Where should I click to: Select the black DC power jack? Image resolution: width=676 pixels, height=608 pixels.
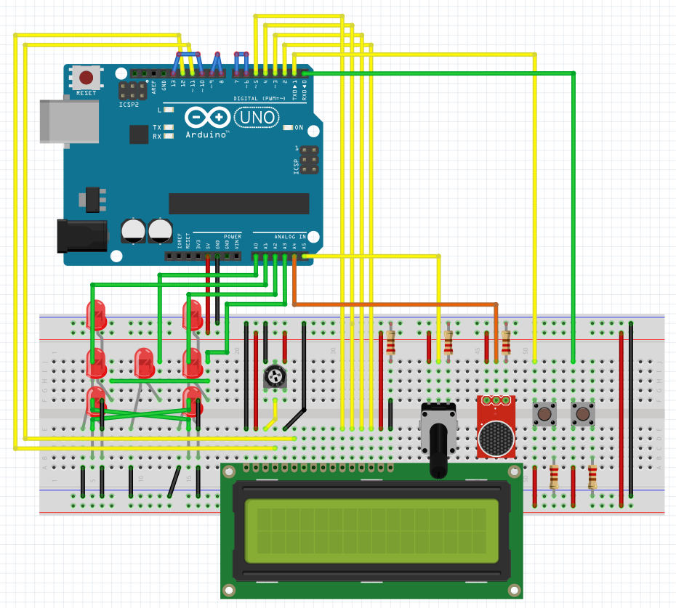pyautogui.click(x=81, y=236)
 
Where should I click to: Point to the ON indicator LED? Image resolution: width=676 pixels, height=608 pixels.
pyautogui.click(x=289, y=127)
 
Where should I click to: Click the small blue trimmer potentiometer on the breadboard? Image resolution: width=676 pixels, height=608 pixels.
pyautogui.click(x=274, y=376)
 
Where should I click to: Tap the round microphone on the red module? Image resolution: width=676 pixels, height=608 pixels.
pyautogui.click(x=496, y=437)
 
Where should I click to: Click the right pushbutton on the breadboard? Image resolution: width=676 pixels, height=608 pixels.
pyautogui.click(x=582, y=415)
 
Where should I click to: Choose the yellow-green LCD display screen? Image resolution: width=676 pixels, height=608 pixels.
pyautogui.click(x=371, y=531)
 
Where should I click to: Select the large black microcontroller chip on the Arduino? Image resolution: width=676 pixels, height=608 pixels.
pyautogui.click(x=238, y=203)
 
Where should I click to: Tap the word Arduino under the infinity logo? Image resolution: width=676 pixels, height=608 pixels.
pyautogui.click(x=207, y=135)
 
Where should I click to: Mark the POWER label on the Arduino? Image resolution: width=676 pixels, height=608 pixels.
pyautogui.click(x=233, y=237)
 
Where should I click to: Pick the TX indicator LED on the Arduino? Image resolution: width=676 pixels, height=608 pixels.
pyautogui.click(x=169, y=127)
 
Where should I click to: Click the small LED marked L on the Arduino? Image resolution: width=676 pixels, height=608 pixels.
pyautogui.click(x=169, y=110)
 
